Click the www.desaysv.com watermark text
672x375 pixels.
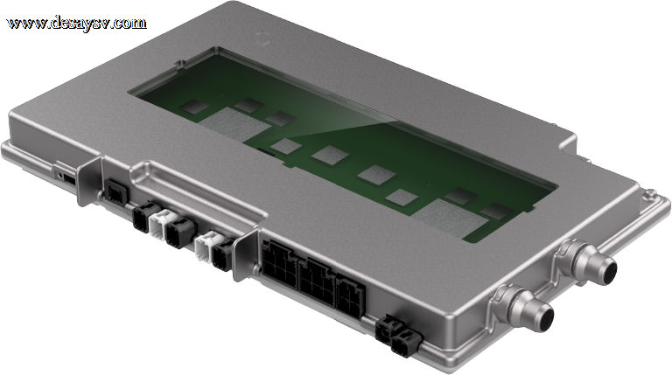point(77,23)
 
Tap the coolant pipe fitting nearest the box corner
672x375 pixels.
point(523,308)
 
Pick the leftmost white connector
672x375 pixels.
point(162,223)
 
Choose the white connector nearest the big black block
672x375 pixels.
point(207,247)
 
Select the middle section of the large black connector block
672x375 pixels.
point(317,281)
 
